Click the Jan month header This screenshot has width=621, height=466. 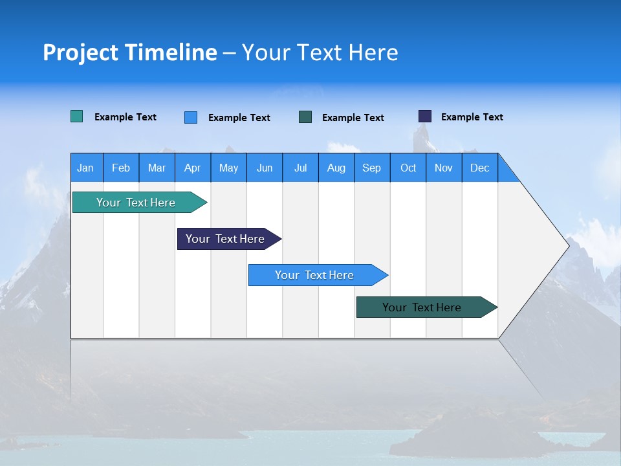pos(86,168)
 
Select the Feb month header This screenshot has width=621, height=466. pos(121,168)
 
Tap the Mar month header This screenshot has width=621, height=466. pos(157,168)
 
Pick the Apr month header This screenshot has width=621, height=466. pos(193,168)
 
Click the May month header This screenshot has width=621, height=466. pos(228,168)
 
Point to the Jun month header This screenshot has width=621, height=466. pos(265,168)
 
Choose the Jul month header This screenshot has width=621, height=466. pos(300,168)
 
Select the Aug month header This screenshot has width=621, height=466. pos(336,168)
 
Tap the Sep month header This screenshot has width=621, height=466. pos(372,168)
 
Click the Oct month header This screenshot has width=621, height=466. pos(408,168)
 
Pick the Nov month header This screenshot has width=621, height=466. pos(444,168)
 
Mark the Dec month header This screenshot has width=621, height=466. pos(480,168)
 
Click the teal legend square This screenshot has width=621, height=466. pos(77,116)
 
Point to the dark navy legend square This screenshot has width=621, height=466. pos(425,116)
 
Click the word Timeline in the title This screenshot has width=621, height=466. pos(170,52)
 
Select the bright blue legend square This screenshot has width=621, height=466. pos(191,117)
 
